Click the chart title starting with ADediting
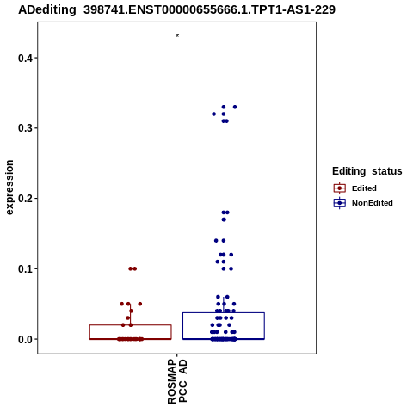click(x=176, y=9)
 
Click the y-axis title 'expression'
click(x=9, y=188)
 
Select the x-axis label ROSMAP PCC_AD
click(x=177, y=381)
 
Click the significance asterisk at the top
click(x=177, y=36)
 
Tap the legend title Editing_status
click(x=367, y=171)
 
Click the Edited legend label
click(x=364, y=188)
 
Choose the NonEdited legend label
click(x=373, y=203)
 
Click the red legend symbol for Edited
click(x=340, y=188)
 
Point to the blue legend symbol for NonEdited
click(x=340, y=203)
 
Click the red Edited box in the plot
click(x=131, y=325)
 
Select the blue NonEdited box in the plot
click(x=224, y=312)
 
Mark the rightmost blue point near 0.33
click(x=235, y=107)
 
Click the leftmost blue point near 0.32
click(x=213, y=114)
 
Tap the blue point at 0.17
click(x=224, y=219)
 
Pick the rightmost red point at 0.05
click(x=140, y=304)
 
